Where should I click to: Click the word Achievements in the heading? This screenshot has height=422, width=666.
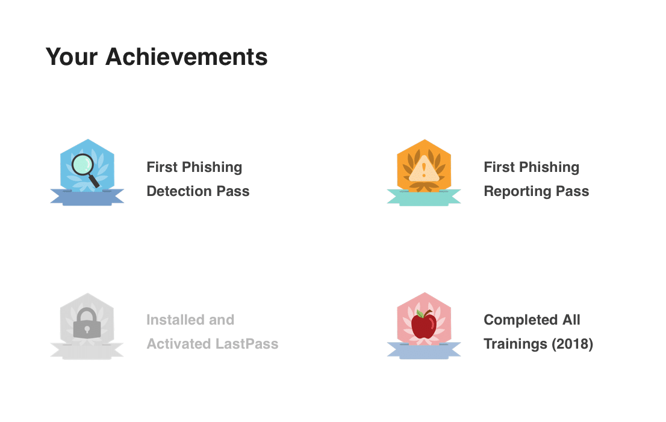tap(187, 57)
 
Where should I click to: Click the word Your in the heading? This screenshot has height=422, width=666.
tap(72, 57)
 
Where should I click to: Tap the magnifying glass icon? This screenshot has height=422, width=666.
tap(86, 170)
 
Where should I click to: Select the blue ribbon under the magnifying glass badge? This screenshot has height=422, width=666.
tap(87, 197)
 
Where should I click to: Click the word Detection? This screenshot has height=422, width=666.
tap(179, 191)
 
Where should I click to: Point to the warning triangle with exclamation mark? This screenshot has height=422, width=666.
tap(424, 169)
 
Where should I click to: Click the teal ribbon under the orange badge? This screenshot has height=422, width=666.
tap(424, 198)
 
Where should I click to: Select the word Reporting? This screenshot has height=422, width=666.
tap(517, 192)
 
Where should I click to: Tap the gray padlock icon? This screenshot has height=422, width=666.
tap(87, 323)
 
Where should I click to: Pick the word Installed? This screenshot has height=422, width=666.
tap(175, 320)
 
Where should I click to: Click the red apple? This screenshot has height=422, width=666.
tap(424, 325)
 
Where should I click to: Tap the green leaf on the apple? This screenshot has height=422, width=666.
tap(420, 314)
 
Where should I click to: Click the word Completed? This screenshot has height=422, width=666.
tap(521, 320)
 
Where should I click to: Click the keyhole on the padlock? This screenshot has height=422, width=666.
tap(87, 329)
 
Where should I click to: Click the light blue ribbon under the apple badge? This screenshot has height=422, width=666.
tap(424, 350)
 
